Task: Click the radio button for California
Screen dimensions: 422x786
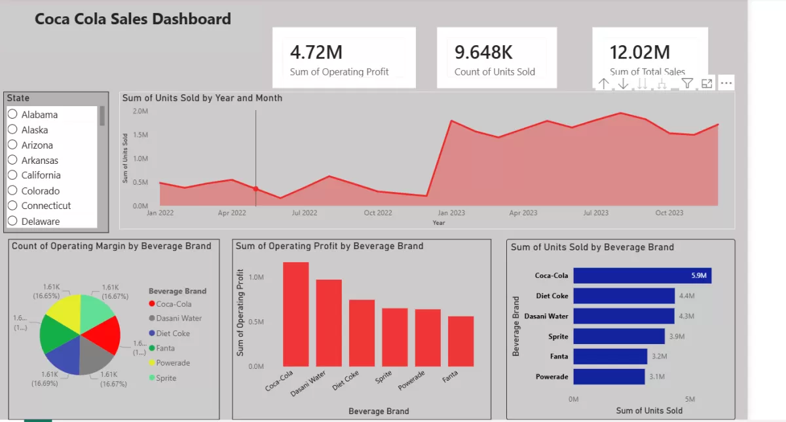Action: click(x=12, y=175)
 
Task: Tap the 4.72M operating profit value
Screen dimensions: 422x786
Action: click(x=316, y=52)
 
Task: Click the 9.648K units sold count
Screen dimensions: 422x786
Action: click(x=483, y=52)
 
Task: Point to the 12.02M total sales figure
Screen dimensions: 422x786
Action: click(x=639, y=52)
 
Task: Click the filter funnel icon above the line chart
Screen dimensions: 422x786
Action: click(x=686, y=83)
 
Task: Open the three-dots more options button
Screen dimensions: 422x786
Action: click(x=726, y=83)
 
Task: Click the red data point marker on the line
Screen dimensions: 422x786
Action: click(x=255, y=189)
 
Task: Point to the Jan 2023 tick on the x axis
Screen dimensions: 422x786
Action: click(x=451, y=213)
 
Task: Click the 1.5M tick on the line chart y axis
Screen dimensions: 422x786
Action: click(x=140, y=135)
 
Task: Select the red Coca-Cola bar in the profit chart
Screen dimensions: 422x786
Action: click(x=296, y=314)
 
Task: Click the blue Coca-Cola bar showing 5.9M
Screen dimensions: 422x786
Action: click(x=642, y=276)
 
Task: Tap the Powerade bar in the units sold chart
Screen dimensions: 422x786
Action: click(x=609, y=377)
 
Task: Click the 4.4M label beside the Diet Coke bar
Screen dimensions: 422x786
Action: click(x=687, y=296)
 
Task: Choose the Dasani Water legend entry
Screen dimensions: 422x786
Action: click(x=178, y=318)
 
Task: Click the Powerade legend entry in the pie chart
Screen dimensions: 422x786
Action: click(x=173, y=363)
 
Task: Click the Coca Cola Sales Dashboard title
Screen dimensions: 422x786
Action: click(x=132, y=19)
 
